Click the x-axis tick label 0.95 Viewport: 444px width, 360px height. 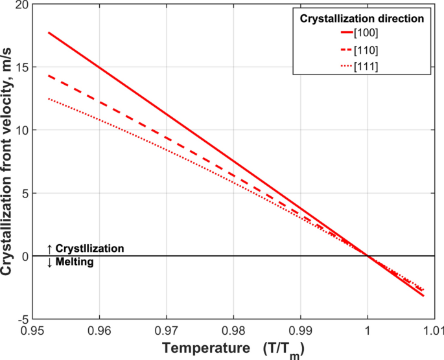(x=32, y=330)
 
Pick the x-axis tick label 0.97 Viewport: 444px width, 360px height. (x=167, y=330)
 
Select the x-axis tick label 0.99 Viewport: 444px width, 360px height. (x=301, y=330)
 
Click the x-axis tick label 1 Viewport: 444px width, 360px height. (x=368, y=330)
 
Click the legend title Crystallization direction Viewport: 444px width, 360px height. (x=362, y=19)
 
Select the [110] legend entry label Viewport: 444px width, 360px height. (x=366, y=49)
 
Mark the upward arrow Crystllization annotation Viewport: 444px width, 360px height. (x=85, y=248)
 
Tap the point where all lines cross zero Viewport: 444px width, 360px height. (x=368, y=256)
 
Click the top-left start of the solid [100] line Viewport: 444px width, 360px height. (x=49, y=32)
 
